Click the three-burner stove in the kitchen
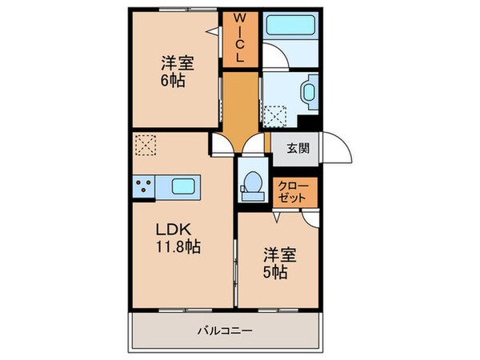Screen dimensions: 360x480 coord(144,189)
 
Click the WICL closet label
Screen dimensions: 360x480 coord(239,38)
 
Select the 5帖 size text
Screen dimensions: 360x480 coord(276,272)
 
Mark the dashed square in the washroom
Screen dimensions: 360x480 coord(276,118)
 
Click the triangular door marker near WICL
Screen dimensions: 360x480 coord(213,31)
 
